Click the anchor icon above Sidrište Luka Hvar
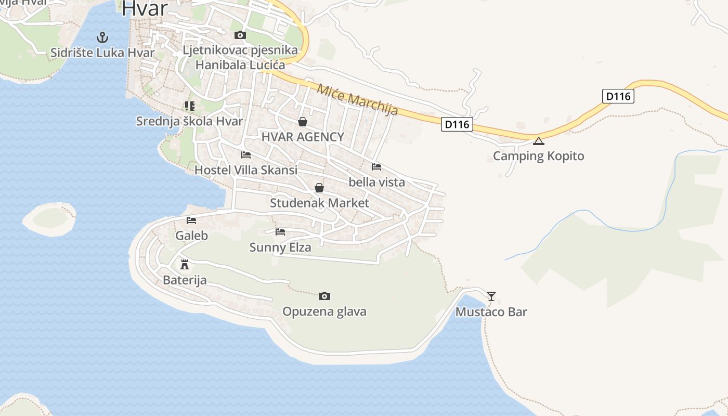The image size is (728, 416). click(102, 37)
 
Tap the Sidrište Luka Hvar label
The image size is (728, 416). click(102, 53)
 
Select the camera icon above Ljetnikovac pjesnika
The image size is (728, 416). click(240, 35)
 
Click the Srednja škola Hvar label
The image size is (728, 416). click(189, 121)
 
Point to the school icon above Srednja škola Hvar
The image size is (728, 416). click(189, 106)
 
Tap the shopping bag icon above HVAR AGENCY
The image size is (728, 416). click(303, 122)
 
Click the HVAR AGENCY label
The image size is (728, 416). click(303, 137)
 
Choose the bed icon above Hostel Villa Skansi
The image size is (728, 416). click(246, 155)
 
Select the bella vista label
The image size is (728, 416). click(376, 182)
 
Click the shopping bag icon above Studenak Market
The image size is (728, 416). click(319, 188)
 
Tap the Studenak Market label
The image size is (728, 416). click(319, 203)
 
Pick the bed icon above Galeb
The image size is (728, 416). click(191, 220)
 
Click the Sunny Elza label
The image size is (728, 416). click(280, 247)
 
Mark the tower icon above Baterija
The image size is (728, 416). click(184, 265)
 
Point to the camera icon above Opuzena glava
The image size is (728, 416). click(324, 296)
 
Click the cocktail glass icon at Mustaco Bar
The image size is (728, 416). click(491, 296)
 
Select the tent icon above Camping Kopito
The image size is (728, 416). click(539, 141)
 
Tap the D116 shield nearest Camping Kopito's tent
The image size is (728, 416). click(457, 124)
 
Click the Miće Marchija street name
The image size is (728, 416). click(357, 99)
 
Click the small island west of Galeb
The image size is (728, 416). click(50, 219)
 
